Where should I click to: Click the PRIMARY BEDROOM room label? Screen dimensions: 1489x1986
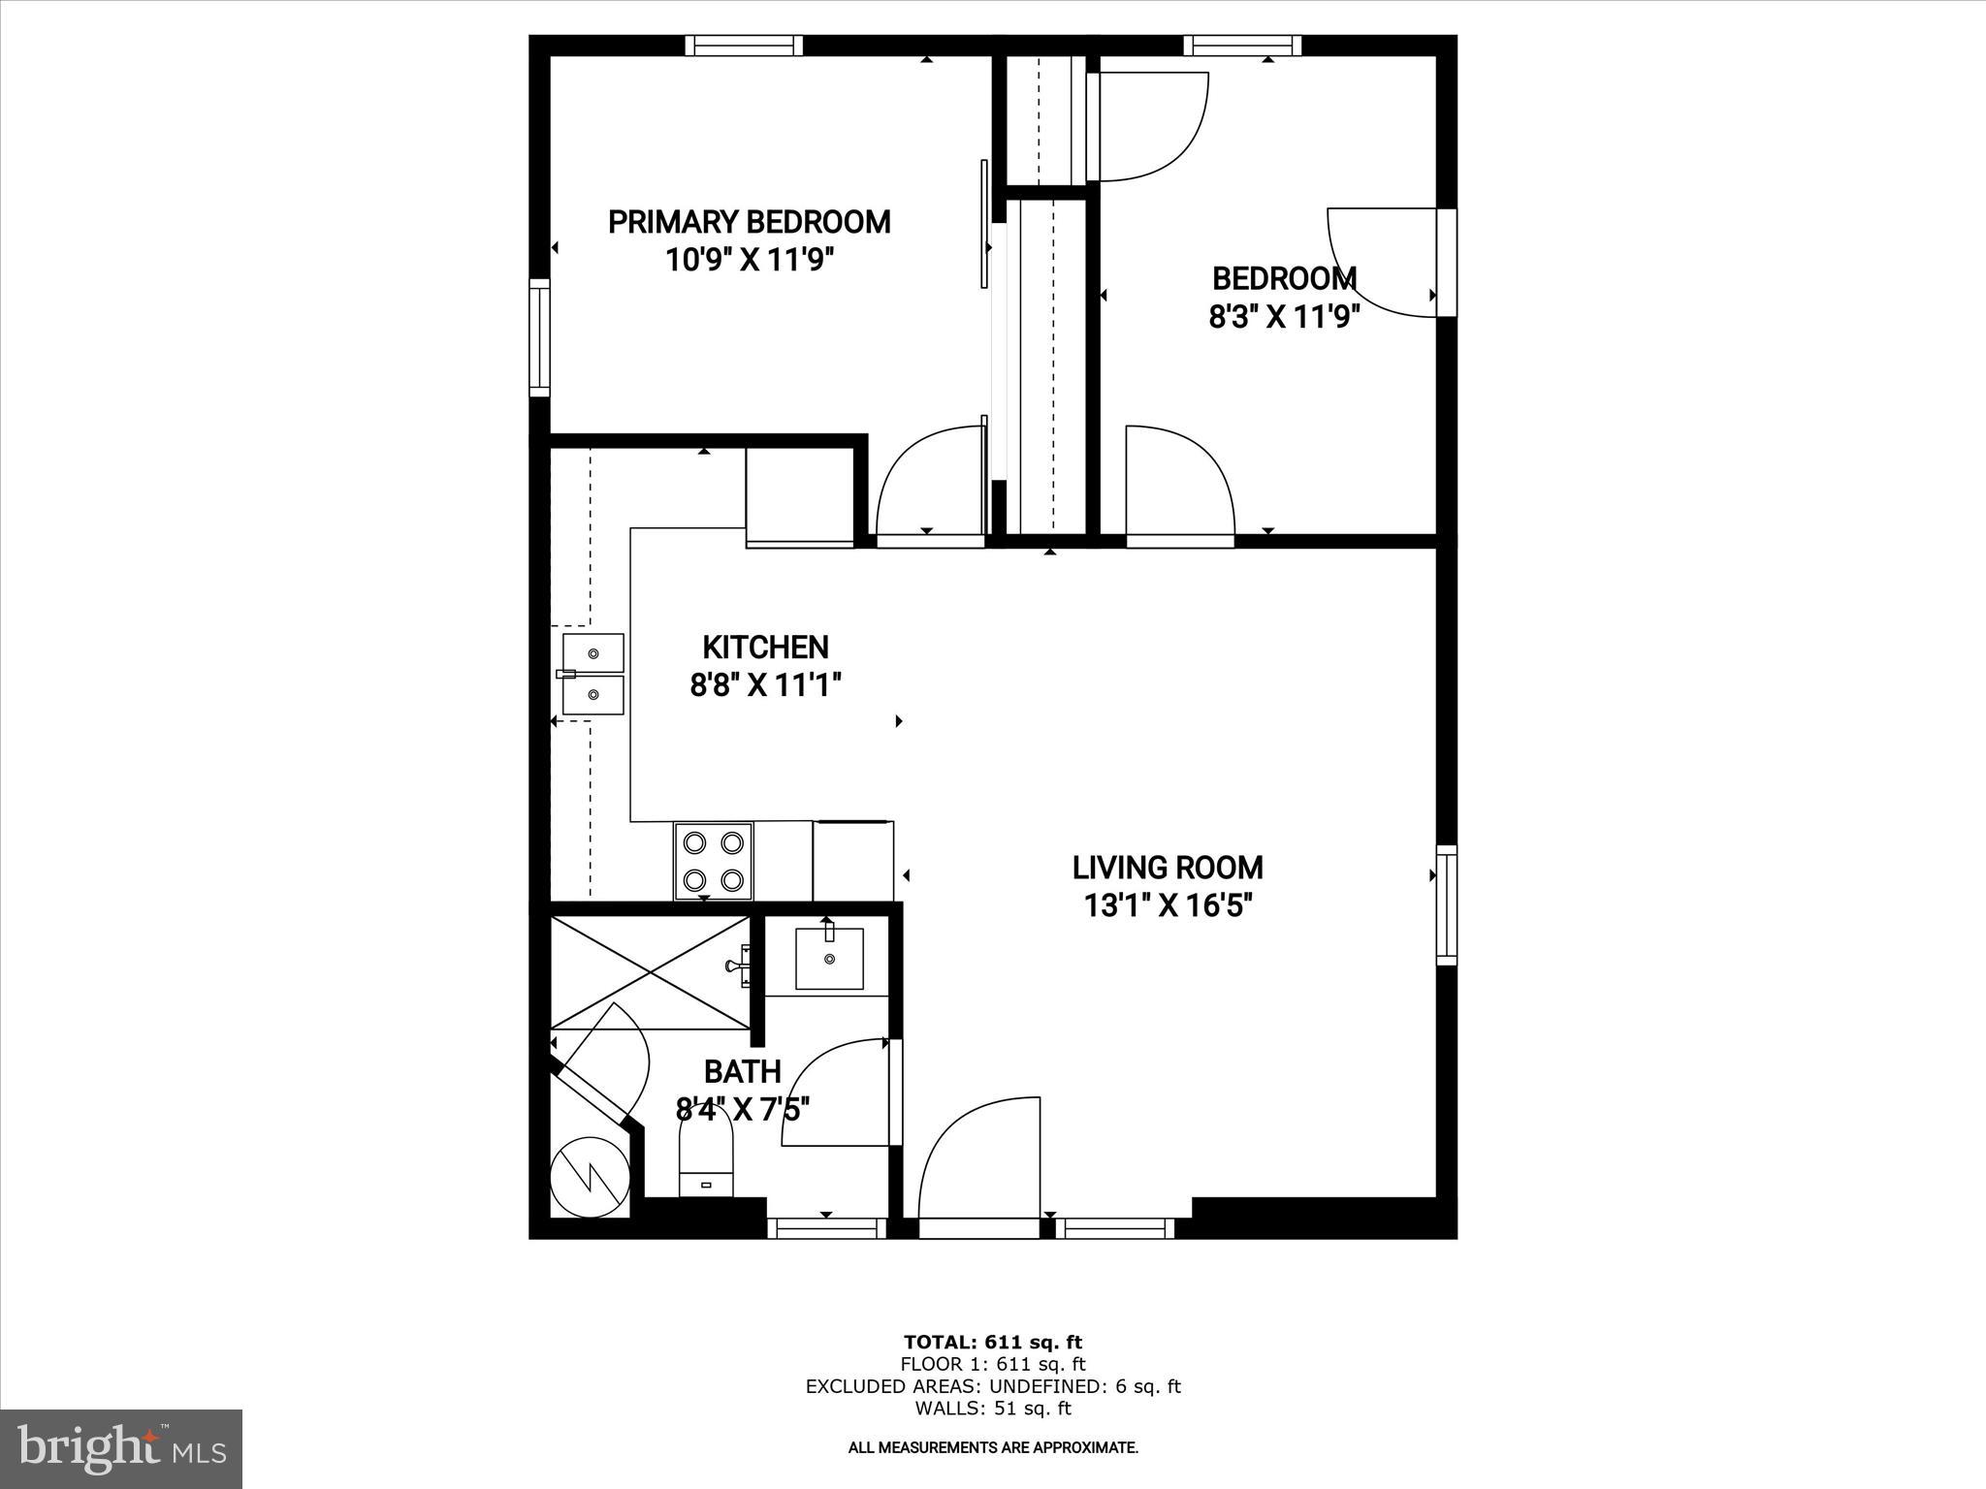[x=749, y=222]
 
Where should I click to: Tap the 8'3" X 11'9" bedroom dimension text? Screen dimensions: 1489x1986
[x=1284, y=317]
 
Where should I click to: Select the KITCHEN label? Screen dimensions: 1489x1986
[x=765, y=647]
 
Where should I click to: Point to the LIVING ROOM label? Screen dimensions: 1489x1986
[x=1168, y=867]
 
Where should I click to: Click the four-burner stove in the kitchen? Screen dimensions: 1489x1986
[x=713, y=861]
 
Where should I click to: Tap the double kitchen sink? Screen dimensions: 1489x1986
[x=593, y=675]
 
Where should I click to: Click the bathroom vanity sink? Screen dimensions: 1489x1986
[x=829, y=959]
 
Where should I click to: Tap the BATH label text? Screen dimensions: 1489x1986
[x=742, y=1071]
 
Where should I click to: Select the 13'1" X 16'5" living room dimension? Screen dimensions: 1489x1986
[x=1168, y=905]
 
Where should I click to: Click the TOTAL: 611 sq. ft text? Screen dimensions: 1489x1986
[x=992, y=1343]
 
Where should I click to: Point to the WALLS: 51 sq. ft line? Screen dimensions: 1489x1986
[x=992, y=1409]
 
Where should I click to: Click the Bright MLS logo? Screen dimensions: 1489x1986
[x=121, y=1449]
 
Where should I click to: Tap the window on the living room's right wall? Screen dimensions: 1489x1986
[x=1446, y=904]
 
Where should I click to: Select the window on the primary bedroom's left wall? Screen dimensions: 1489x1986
[x=539, y=337]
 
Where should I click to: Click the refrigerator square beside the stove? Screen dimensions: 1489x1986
[x=853, y=861]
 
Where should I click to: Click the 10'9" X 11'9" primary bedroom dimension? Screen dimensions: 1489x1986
[x=749, y=260]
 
